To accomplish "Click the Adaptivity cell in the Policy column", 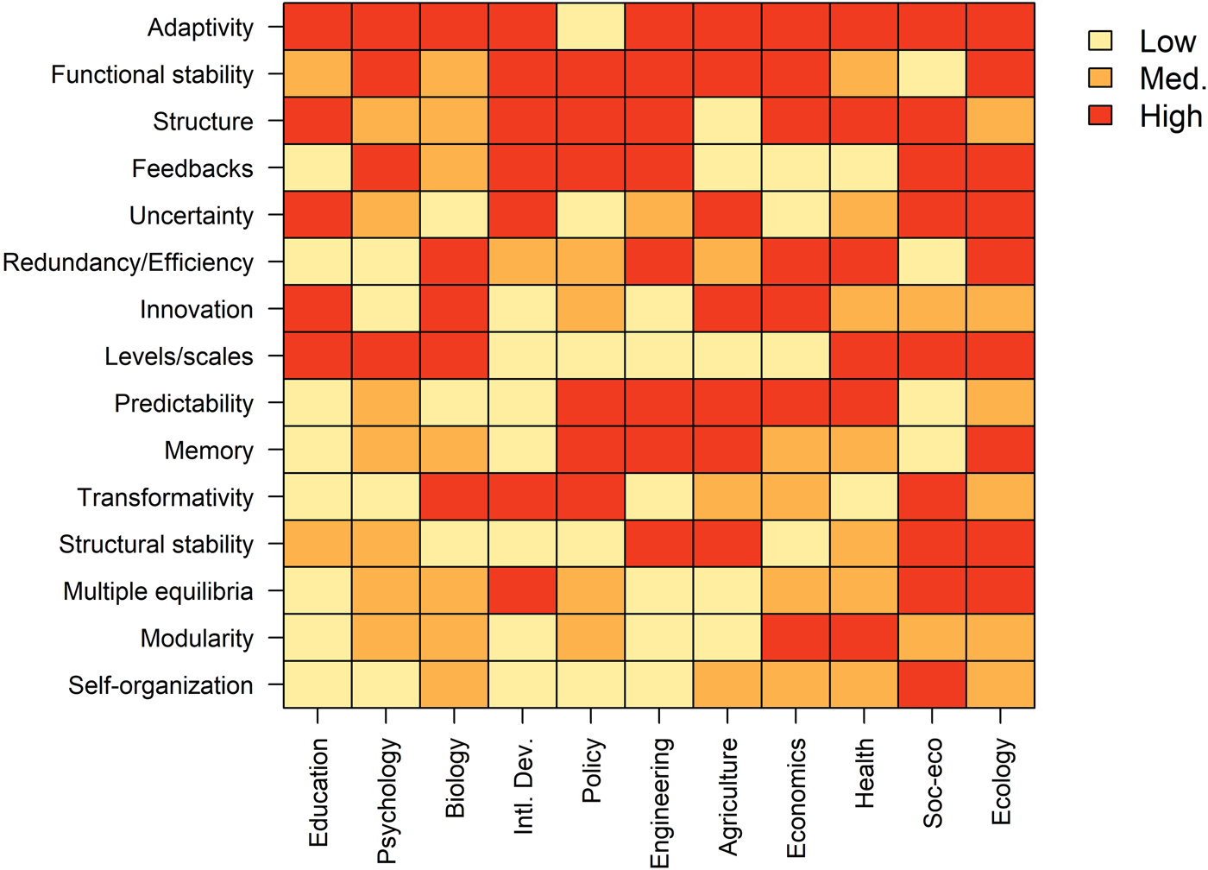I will (590, 27).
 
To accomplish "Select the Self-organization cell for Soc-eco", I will (932, 684).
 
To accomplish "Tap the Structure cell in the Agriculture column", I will (727, 121).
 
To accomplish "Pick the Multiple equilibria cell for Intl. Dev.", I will (522, 590).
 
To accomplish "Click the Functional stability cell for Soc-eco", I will (932, 73).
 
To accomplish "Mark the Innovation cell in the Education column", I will (318, 308).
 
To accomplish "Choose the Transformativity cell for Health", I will (864, 496).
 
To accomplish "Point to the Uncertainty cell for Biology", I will (454, 214).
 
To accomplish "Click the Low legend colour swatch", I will (1100, 41).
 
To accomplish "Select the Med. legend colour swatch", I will (1100, 79).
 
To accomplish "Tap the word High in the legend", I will (1170, 117).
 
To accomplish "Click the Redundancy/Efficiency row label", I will (128, 262).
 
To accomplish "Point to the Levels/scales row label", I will (179, 356).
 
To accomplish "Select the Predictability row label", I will (184, 403).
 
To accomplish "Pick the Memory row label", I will (209, 451).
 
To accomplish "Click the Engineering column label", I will (660, 802).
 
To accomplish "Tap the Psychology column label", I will (387, 800).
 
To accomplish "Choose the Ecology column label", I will (1001, 782).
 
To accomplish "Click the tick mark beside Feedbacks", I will (274, 168).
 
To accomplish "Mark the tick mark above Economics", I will (796, 716).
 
